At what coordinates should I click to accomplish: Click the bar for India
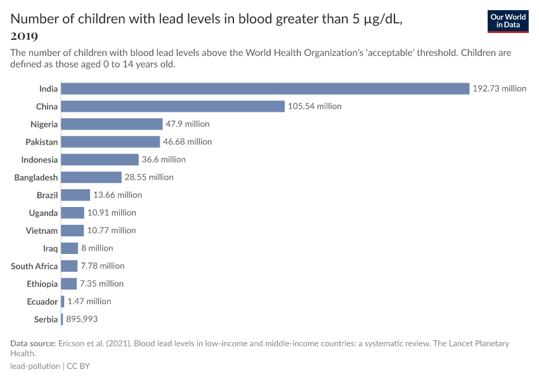pos(265,88)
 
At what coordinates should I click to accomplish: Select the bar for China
pos(172,106)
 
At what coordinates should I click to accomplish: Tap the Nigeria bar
pos(112,124)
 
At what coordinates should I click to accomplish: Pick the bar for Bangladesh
pos(91,177)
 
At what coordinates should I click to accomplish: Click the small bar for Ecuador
pos(63,302)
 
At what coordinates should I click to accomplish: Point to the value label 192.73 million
pos(499,88)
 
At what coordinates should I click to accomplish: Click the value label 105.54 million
pos(315,106)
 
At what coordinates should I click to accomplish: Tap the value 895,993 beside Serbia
pos(82,319)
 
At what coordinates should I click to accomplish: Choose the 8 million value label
pos(97,248)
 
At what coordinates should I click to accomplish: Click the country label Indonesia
pos(39,159)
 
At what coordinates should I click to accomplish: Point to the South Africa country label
pos(34,266)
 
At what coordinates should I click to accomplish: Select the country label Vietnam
pos(42,231)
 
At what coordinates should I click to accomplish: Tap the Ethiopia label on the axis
pos(42,284)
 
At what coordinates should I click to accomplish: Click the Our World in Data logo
pos(508,21)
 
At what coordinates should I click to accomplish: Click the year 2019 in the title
pos(24,36)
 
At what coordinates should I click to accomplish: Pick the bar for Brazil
pos(75,195)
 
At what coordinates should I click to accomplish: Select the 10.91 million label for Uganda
pos(112,213)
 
